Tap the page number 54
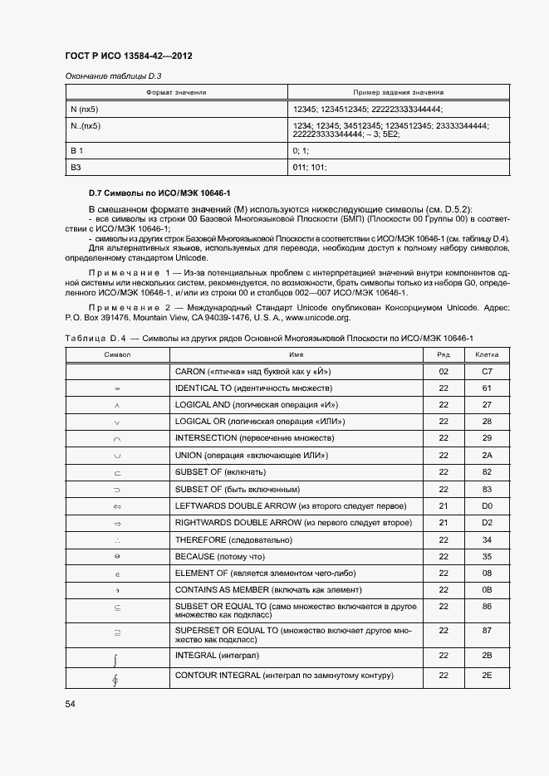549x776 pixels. [x=71, y=704]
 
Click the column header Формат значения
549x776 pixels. [x=176, y=93]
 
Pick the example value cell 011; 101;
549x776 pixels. [x=310, y=168]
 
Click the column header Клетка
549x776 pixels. [x=486, y=354]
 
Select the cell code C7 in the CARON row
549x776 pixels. [x=487, y=372]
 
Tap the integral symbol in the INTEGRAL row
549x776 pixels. [x=117, y=660]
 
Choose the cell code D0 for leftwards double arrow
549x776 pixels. [x=487, y=505]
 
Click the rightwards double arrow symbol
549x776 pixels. [x=117, y=523]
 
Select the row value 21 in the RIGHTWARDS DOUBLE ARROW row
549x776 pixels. [x=443, y=523]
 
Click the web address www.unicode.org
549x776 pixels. [x=320, y=317]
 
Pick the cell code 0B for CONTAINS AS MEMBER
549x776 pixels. [x=487, y=590]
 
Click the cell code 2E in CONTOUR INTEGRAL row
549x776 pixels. [x=487, y=676]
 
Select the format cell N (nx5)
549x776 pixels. [x=86, y=109]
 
